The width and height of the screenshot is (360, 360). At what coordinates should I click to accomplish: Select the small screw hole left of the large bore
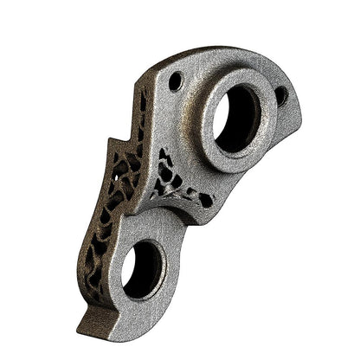(176, 81)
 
